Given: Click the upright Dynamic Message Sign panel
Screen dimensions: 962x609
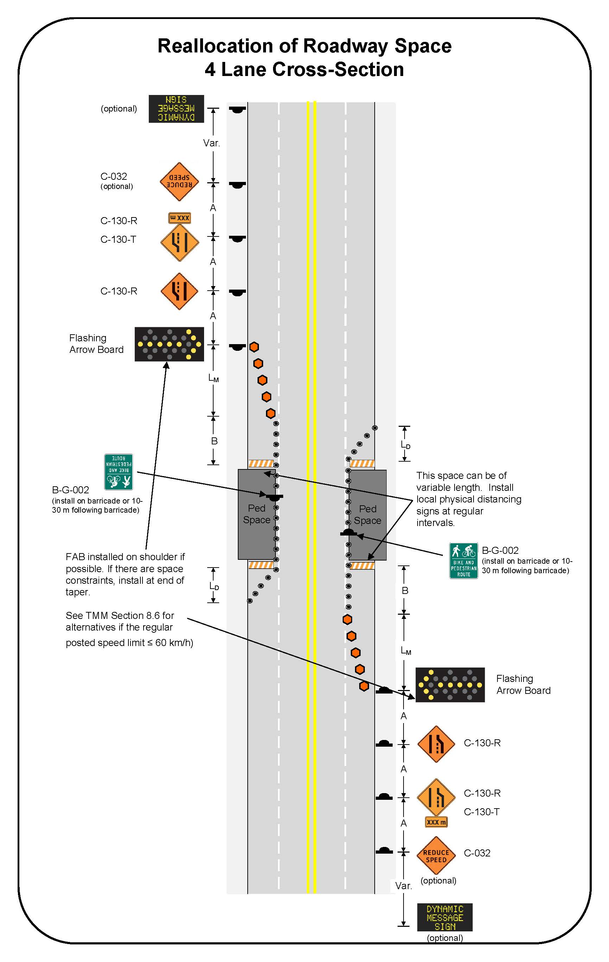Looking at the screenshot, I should point(444,917).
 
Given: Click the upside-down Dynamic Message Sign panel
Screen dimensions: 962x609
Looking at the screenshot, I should point(176,109).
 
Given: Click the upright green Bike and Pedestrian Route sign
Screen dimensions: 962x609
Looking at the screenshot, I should point(463,561).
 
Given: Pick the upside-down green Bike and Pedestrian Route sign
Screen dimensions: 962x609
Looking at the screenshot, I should point(118,472).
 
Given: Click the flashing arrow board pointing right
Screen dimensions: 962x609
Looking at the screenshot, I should point(169,344).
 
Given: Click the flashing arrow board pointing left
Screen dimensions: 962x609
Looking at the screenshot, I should point(450,685).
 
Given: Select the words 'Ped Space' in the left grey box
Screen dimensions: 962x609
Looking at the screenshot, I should point(256,514).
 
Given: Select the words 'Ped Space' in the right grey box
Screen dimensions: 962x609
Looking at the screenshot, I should point(367,514).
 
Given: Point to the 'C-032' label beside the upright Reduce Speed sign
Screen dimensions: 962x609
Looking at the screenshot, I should point(477,853).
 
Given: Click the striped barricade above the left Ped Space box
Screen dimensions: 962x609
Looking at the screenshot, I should point(261,463).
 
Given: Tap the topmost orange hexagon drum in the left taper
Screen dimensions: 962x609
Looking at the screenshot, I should point(254,347).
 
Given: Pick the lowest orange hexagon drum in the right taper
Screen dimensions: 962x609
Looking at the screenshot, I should point(363,686).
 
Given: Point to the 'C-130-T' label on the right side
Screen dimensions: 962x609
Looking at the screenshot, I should point(481,812).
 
